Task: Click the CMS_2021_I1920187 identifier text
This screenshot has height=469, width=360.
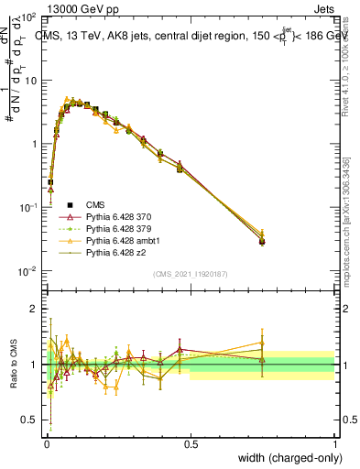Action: [191, 272]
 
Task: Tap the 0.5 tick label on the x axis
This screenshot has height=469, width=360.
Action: [191, 444]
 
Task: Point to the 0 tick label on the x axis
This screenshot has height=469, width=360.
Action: [47, 444]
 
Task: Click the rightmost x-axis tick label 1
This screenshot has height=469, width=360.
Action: [335, 444]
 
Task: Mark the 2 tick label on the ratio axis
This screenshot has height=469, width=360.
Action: [34, 309]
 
